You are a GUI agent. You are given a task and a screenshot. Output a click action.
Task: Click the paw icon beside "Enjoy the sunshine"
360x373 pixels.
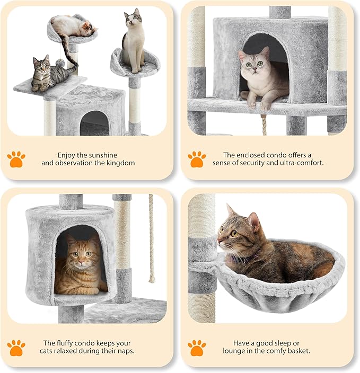[x=16, y=158]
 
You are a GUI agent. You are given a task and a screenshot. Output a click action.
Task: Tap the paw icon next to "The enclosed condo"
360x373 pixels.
[x=196, y=158]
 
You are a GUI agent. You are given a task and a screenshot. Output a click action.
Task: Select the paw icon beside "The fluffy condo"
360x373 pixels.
[x=16, y=348]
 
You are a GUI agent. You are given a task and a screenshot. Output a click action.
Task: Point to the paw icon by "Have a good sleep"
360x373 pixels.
[x=196, y=348]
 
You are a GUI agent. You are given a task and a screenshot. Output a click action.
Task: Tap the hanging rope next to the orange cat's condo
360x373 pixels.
[x=152, y=238]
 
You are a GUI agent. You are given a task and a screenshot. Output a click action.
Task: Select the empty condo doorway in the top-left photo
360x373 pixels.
[x=94, y=123]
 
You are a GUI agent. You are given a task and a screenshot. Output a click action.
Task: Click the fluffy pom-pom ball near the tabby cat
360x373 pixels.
[x=61, y=64]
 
